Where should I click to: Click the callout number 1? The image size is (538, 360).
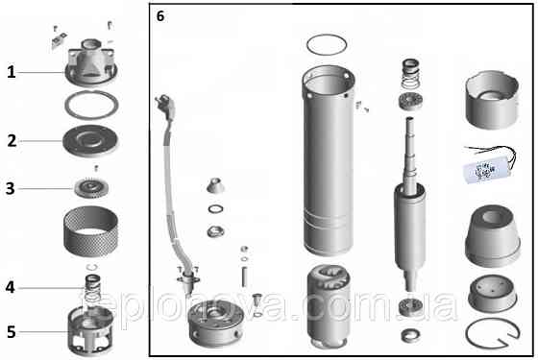(11, 72)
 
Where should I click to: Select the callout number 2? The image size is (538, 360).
(11, 140)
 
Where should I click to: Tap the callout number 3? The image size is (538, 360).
(11, 188)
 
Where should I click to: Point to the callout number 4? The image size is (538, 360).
(11, 287)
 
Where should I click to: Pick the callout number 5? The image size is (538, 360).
(11, 332)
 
